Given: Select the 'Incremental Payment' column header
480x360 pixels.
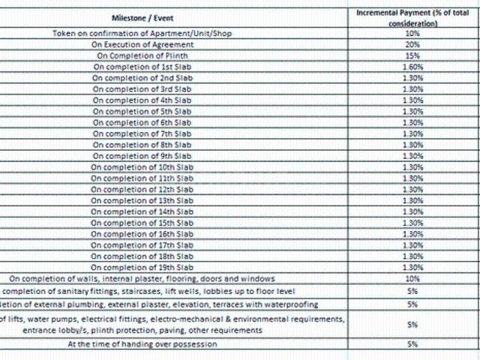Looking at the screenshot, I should click(412, 18).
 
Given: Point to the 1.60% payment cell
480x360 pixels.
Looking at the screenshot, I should click(412, 67).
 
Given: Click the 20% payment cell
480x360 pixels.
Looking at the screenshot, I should click(412, 45).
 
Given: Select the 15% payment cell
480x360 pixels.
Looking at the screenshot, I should click(412, 55).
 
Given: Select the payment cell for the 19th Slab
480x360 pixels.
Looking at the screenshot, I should click(412, 267).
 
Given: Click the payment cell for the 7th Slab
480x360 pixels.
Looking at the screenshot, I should click(412, 133).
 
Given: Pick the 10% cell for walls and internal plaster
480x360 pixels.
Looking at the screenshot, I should click(412, 279).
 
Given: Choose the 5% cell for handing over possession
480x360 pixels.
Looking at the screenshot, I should click(412, 344).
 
